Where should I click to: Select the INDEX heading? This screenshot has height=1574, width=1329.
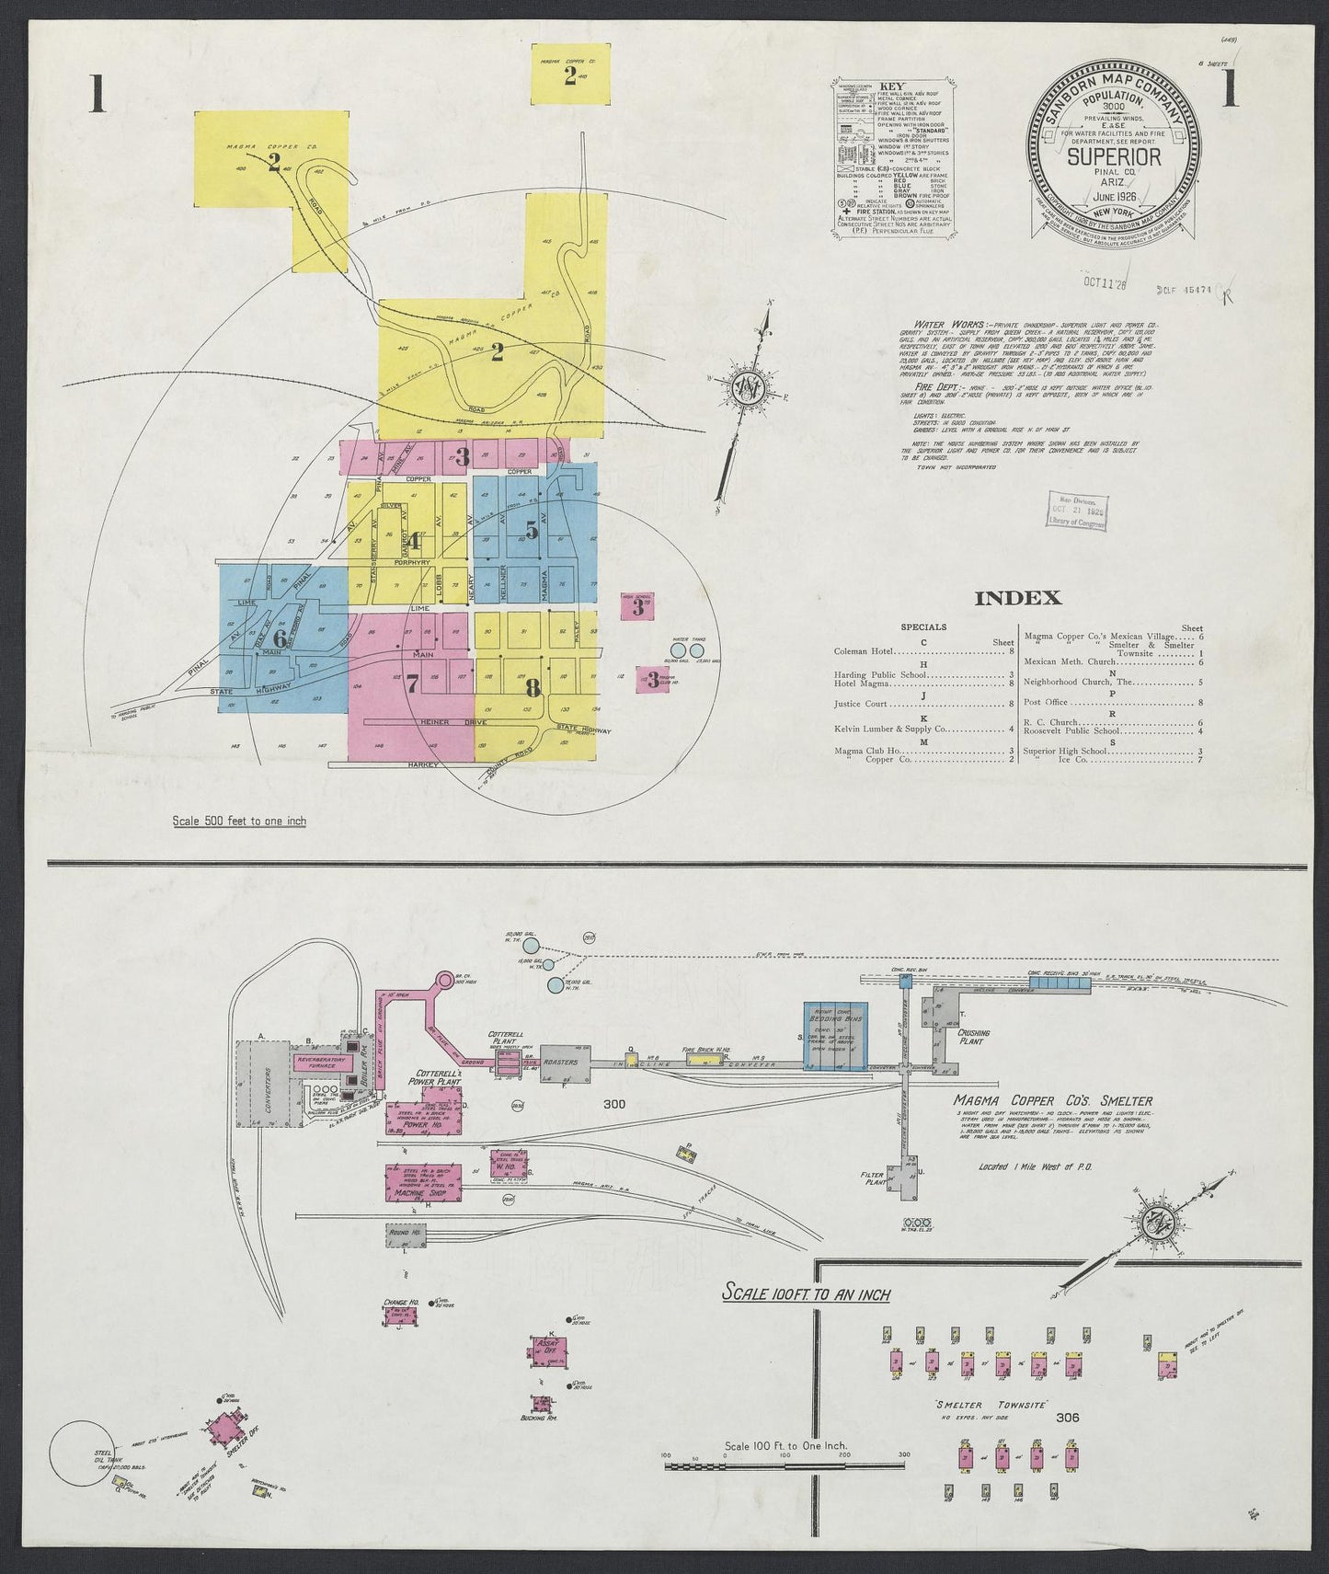[x=1017, y=598]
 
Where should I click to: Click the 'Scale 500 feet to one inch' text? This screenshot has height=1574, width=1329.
[x=239, y=821]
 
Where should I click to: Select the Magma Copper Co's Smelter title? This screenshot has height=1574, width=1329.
[x=1053, y=1101]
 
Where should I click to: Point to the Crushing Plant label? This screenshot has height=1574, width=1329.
[x=973, y=1038]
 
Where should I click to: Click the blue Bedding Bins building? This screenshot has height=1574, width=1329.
[x=834, y=1035]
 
